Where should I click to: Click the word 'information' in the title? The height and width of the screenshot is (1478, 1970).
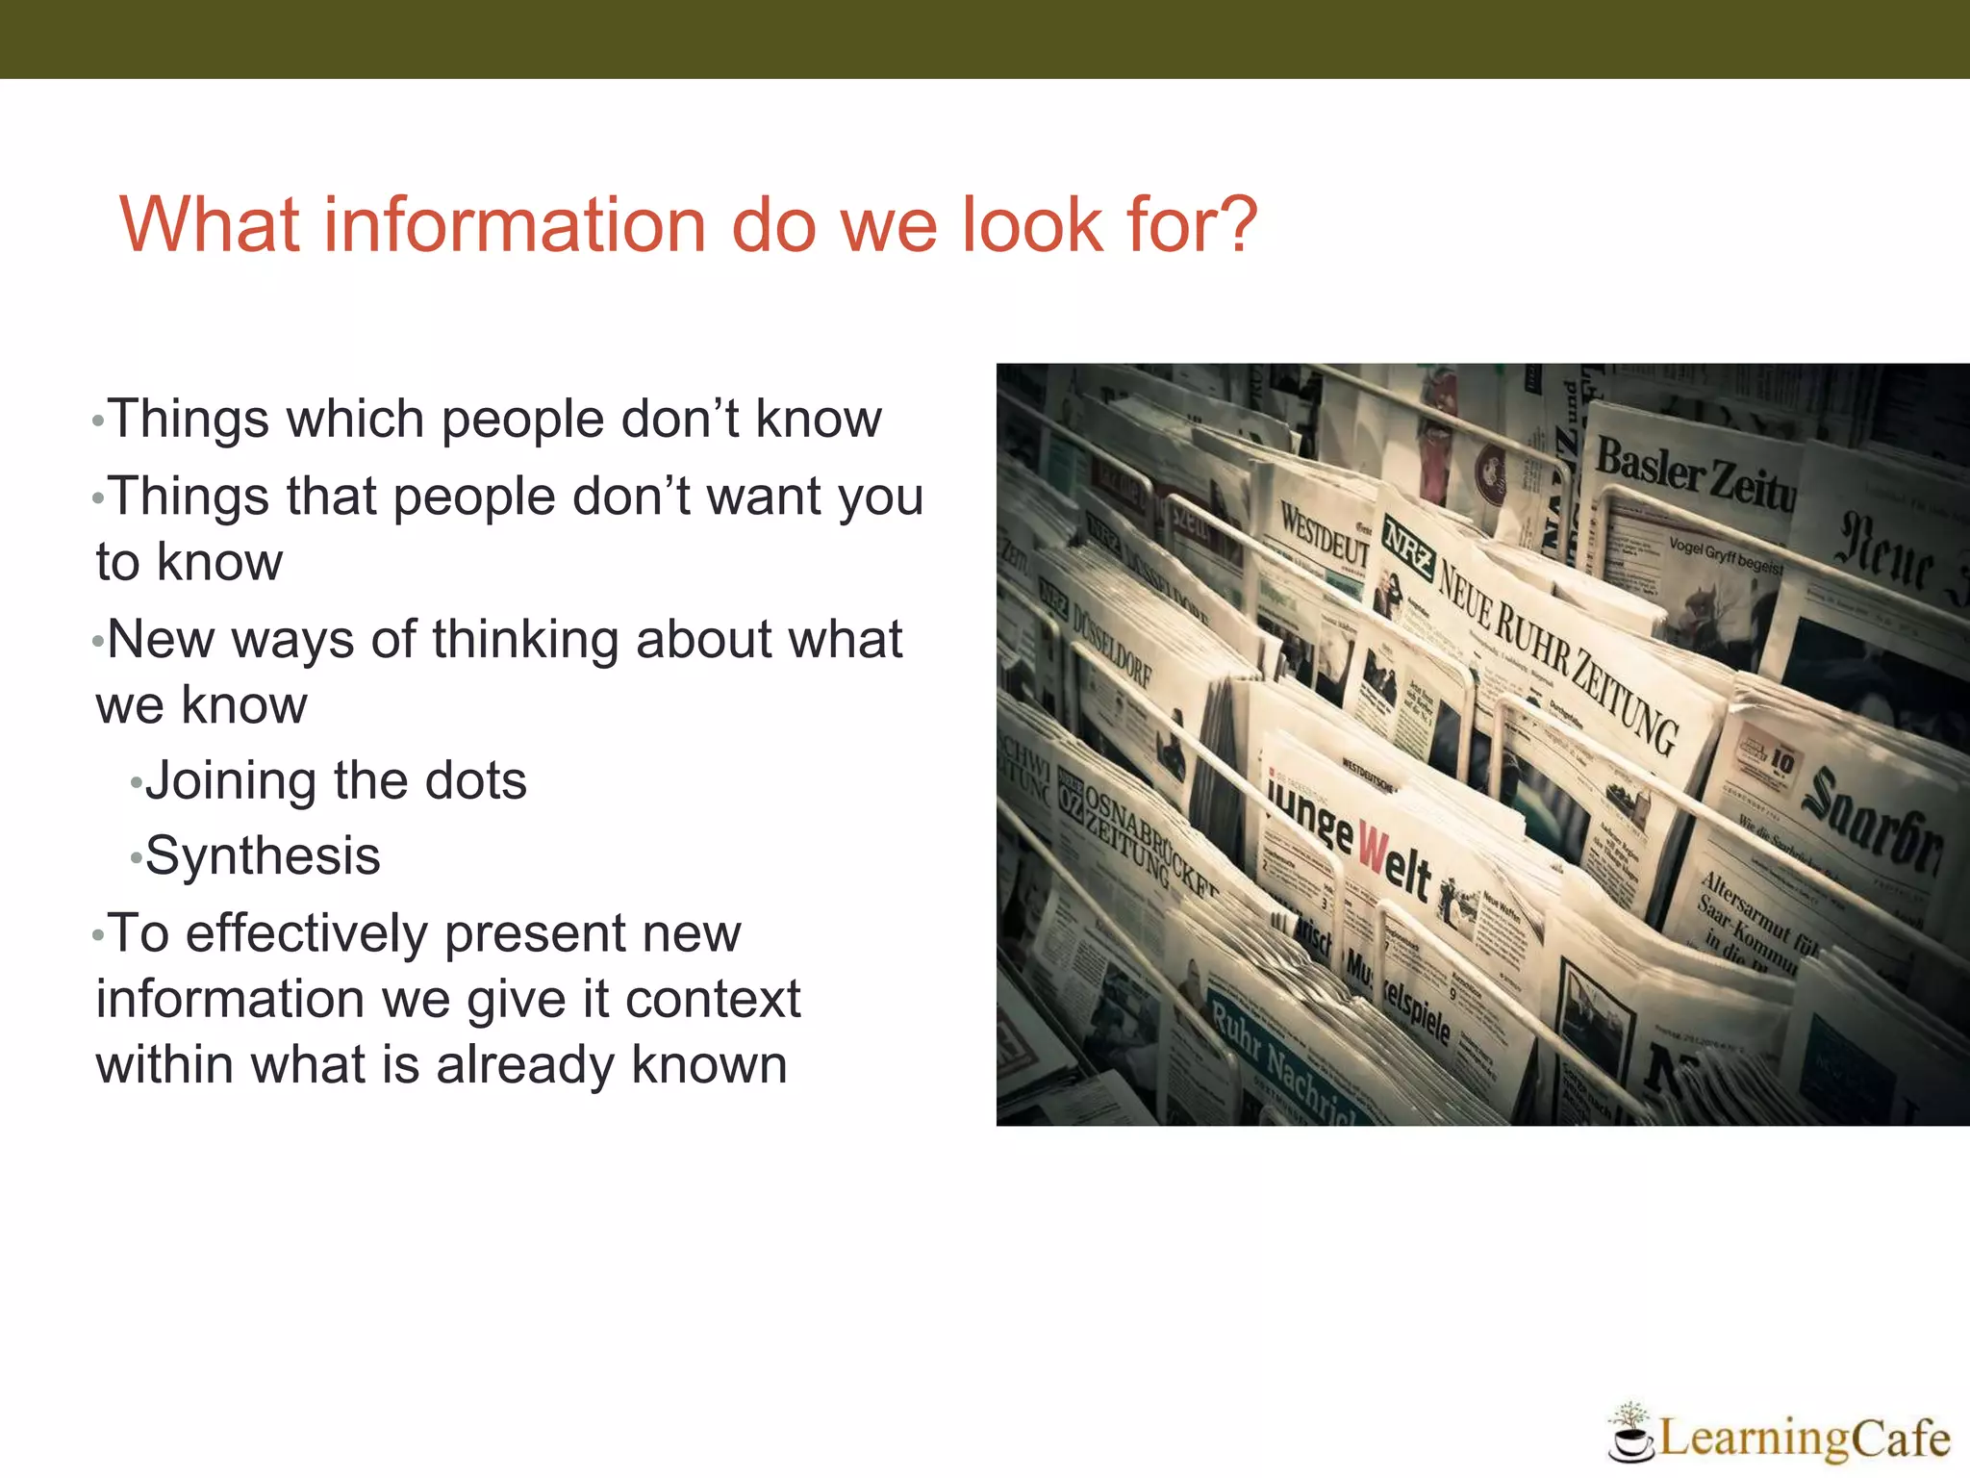click(x=515, y=225)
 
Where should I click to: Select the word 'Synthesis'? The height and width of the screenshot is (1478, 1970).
click(x=263, y=855)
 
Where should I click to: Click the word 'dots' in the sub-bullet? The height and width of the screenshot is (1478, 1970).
click(x=475, y=780)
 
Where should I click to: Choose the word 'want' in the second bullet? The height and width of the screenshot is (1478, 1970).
click(x=750, y=497)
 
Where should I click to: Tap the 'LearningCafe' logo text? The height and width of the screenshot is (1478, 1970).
click(x=1804, y=1439)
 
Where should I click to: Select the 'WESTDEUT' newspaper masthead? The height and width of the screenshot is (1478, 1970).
click(x=1324, y=533)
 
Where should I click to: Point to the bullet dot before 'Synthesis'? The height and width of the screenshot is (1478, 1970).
click(x=136, y=857)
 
